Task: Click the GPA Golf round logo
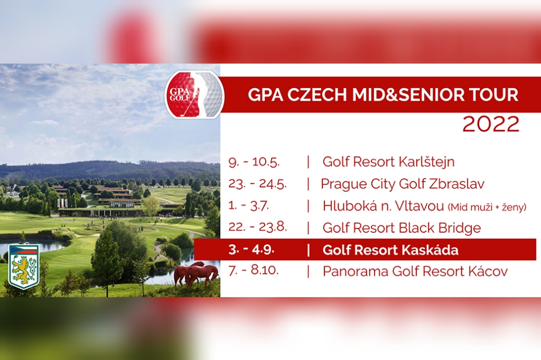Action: pyautogui.click(x=194, y=95)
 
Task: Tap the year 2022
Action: pyautogui.click(x=491, y=124)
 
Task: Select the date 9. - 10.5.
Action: pyautogui.click(x=254, y=162)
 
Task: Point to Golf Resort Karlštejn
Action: pyautogui.click(x=388, y=162)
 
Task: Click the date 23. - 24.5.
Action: pyautogui.click(x=257, y=184)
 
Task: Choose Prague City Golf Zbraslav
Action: pyautogui.click(x=403, y=184)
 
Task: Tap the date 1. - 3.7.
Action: pyautogui.click(x=248, y=206)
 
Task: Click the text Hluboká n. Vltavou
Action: pyautogui.click(x=384, y=206)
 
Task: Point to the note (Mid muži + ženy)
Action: pyautogui.click(x=487, y=207)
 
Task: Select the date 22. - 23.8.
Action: pyautogui.click(x=257, y=227)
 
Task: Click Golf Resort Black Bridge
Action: pyautogui.click(x=402, y=228)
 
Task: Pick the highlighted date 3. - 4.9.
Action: pyautogui.click(x=251, y=249)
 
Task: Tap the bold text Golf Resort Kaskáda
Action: pyautogui.click(x=390, y=250)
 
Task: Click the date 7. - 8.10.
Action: pyautogui.click(x=253, y=270)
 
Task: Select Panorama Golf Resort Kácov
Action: pyautogui.click(x=415, y=272)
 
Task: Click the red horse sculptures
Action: pyautogui.click(x=197, y=274)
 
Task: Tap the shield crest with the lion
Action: pyautogui.click(x=24, y=267)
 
